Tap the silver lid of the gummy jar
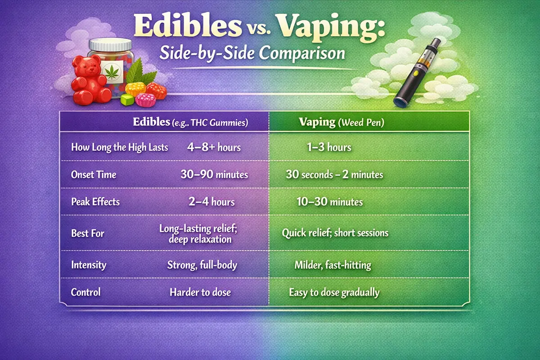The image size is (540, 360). (x=110, y=45)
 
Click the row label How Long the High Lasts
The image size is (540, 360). (x=120, y=147)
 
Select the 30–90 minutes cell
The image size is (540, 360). (x=214, y=175)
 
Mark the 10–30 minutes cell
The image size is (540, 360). (x=329, y=202)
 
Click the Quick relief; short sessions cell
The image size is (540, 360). (x=335, y=233)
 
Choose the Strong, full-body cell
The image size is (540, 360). (x=202, y=265)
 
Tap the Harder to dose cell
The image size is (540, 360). (x=200, y=292)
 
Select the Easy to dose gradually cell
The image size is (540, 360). (x=334, y=292)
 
